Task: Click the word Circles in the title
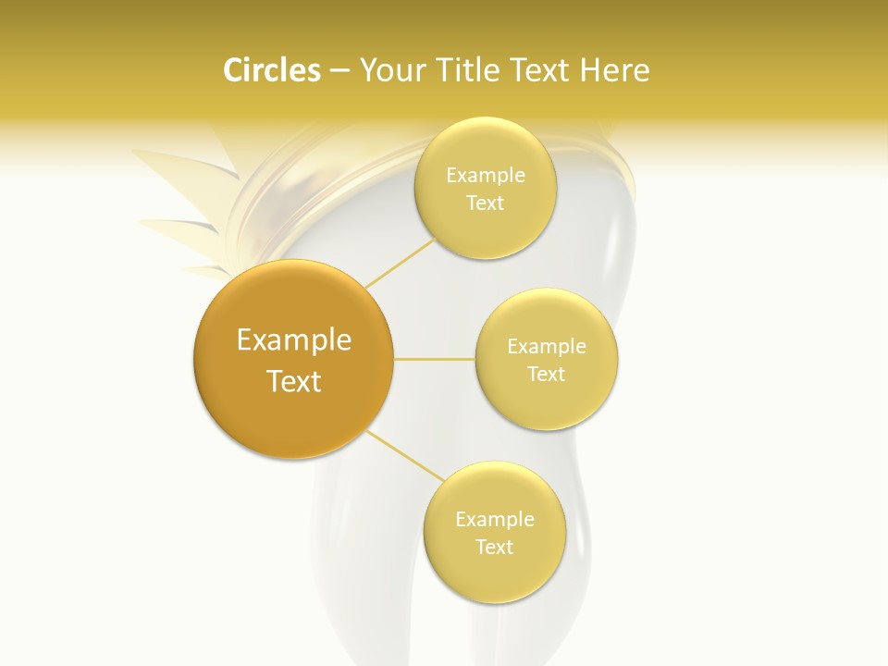[272, 70]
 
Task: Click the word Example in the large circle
[293, 340]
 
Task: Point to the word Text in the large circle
[293, 381]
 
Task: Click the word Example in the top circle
[485, 175]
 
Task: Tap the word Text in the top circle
[485, 203]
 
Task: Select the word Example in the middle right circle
[547, 346]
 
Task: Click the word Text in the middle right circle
[547, 374]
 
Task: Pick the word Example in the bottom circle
[494, 519]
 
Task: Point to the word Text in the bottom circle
[494, 547]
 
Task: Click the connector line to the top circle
[401, 262]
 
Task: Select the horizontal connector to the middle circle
[435, 359]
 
